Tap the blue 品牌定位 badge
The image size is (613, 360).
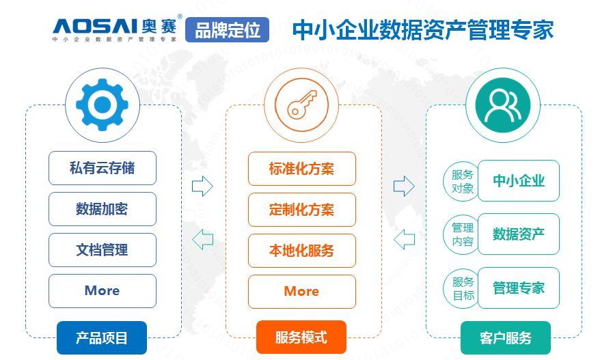point(227,29)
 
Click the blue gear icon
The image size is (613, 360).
point(102,105)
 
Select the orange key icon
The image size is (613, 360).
point(301,105)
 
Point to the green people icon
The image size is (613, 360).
point(503,105)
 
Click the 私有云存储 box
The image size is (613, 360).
point(103,168)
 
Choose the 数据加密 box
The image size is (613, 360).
point(103,209)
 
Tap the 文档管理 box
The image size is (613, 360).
point(103,250)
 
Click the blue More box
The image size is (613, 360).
point(103,291)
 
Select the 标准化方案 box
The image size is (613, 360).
point(302,169)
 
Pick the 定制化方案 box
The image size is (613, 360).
point(302,210)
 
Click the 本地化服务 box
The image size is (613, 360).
point(302,251)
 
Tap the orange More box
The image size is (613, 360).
point(302,292)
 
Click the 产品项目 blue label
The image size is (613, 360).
point(102,337)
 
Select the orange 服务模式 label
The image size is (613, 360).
point(301,337)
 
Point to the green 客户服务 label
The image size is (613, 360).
point(506,338)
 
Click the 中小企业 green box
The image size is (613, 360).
point(519,180)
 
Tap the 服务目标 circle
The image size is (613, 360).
point(462,288)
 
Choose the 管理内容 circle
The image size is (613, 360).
point(462,234)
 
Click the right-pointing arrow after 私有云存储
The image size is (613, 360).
point(202,186)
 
